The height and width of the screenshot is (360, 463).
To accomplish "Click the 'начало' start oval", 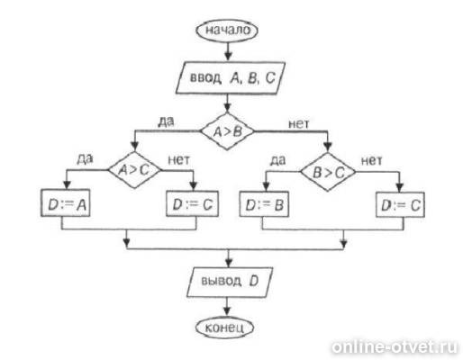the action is click(227, 31).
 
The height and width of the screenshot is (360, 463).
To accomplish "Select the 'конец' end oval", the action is click(224, 328).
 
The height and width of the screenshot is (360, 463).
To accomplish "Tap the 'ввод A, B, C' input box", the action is click(231, 78).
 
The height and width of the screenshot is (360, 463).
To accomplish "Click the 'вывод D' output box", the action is click(230, 282).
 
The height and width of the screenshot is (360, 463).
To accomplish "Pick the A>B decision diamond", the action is click(227, 131).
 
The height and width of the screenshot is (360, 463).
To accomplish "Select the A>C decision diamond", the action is click(134, 170).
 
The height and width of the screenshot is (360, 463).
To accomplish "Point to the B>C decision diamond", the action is click(328, 172).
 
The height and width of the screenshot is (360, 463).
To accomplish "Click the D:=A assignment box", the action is click(65, 203).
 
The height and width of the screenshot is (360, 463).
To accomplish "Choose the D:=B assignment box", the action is click(264, 204).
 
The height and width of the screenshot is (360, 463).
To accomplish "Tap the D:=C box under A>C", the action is click(192, 204).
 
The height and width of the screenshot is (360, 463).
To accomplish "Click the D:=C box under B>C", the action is click(400, 205).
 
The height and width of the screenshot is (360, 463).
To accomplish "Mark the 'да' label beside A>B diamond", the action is click(166, 121).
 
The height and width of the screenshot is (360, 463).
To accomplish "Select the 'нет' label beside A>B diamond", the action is click(298, 123).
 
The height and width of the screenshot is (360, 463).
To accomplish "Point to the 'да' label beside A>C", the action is click(85, 159).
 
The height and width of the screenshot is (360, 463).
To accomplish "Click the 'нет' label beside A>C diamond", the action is click(179, 160).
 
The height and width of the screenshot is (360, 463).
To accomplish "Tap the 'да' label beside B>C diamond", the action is click(277, 160).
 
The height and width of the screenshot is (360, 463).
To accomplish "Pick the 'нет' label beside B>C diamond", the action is click(371, 161).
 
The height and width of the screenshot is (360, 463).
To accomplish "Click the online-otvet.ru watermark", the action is click(395, 347).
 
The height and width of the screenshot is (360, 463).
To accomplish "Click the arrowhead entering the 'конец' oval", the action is click(227, 311).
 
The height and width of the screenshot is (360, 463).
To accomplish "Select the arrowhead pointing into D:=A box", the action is click(67, 184).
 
